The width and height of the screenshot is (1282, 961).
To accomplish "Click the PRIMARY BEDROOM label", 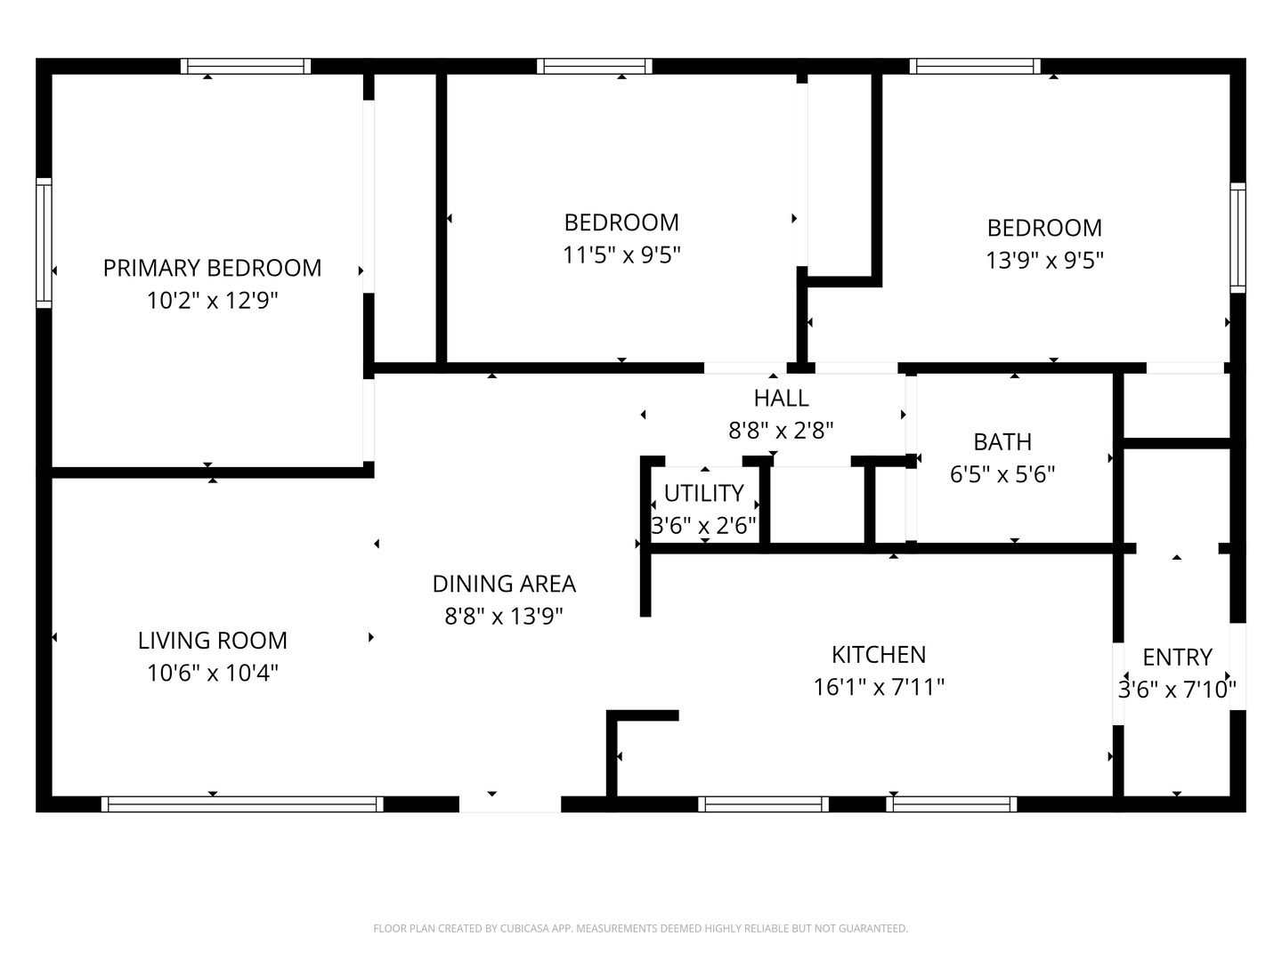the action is click(212, 269).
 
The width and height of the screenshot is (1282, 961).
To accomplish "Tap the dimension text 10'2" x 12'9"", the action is click(212, 301).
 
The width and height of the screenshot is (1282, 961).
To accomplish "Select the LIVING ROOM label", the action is click(213, 641).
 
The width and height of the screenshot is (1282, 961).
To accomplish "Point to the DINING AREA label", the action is click(504, 584).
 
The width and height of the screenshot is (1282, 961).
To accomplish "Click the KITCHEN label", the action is click(879, 655).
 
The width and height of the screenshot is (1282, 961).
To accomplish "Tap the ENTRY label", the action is click(1177, 658).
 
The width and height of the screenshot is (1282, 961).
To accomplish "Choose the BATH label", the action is click(1002, 442).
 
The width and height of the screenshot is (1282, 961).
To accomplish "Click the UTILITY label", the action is click(704, 494).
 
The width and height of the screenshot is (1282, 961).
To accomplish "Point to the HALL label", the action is click(781, 399).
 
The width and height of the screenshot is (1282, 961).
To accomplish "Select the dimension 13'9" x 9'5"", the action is click(1044, 260).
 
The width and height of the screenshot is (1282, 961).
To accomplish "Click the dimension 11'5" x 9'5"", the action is click(621, 255).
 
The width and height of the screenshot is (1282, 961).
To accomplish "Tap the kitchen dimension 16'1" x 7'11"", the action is click(879, 687).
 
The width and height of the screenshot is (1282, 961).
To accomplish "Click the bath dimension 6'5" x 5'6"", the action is click(1002, 474).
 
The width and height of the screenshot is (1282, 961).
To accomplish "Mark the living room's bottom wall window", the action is click(242, 804).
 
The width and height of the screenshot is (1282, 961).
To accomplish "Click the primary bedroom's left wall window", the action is click(44, 243).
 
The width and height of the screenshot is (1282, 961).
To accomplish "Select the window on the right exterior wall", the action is click(1237, 238).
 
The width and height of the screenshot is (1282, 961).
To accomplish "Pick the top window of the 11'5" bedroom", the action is click(595, 66).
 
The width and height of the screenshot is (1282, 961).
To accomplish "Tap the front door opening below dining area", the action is click(510, 804).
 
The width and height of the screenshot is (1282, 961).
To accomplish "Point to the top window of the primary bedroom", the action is click(246, 66).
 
